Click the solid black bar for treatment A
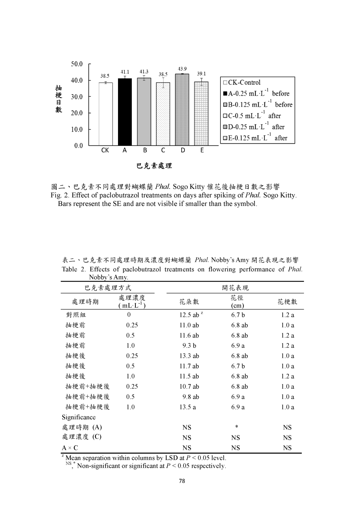(x=125, y=112)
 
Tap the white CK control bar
(x=106, y=114)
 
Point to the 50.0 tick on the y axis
(x=77, y=64)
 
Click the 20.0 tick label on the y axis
(x=77, y=113)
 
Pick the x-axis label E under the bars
(x=202, y=150)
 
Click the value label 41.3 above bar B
(x=144, y=71)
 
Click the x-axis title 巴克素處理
(x=154, y=166)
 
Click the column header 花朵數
(x=189, y=302)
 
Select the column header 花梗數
(x=287, y=302)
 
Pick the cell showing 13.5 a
(x=187, y=407)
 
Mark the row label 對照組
(x=76, y=315)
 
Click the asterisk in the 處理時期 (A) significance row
(x=236, y=427)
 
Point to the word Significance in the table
(x=79, y=417)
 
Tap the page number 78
(x=182, y=481)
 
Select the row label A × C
(x=70, y=448)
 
